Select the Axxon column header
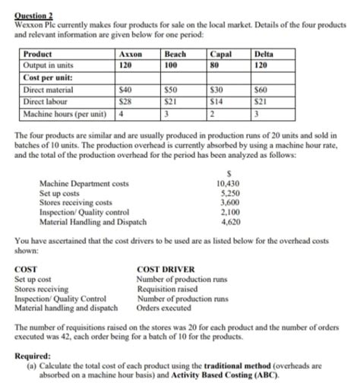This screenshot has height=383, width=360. (131, 55)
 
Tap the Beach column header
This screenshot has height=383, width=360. (176, 55)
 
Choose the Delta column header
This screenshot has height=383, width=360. (265, 55)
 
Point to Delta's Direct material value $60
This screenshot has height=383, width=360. (262, 90)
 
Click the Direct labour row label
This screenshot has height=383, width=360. (45, 100)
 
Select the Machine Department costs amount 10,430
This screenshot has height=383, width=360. (229, 185)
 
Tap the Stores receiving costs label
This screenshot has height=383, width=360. (75, 203)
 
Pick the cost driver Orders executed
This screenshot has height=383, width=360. (163, 308)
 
